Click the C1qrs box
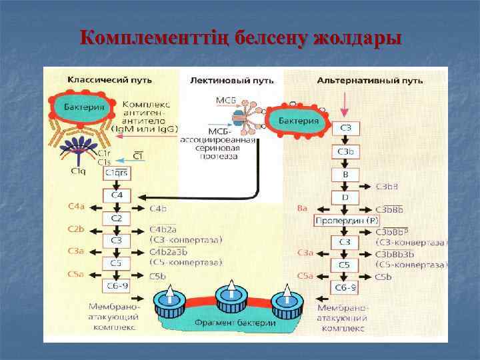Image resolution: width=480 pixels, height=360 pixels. (116, 173)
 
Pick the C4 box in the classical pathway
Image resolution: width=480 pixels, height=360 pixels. (116, 195)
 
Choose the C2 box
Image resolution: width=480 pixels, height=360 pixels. (116, 218)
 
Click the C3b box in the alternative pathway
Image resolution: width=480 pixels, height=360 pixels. (345, 152)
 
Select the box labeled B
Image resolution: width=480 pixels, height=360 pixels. (345, 175)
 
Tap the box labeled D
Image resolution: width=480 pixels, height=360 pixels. (345, 197)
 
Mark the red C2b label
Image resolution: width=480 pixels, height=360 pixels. (76, 229)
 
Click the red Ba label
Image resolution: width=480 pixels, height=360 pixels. (302, 208)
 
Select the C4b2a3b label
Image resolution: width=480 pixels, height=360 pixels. (169, 252)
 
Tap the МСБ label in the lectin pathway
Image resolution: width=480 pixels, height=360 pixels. (225, 101)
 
